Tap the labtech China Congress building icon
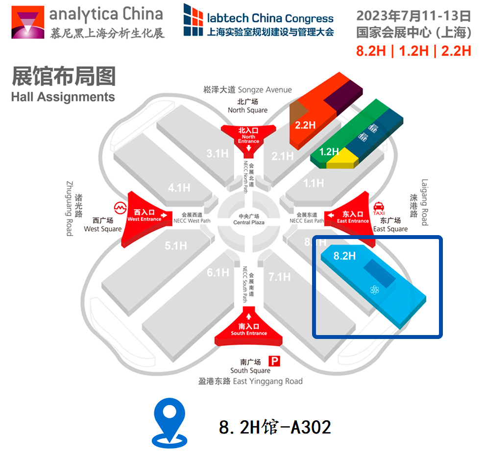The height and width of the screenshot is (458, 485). pos(193,20)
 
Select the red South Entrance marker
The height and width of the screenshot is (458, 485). pos(249,327)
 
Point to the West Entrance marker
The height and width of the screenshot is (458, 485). pos(145,215)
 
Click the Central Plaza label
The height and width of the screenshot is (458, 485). pos(248,219)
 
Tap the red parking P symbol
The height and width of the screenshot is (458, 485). pos(274,362)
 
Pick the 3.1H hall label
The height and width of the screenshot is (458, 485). pos(217,153)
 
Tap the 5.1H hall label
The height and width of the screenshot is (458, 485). pos(175,245)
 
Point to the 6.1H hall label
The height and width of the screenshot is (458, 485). pos(218,272)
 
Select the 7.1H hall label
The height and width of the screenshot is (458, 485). pos(279,277)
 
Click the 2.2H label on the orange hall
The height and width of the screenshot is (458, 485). pos(305,124)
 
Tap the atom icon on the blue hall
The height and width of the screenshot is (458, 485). pos(375,290)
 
